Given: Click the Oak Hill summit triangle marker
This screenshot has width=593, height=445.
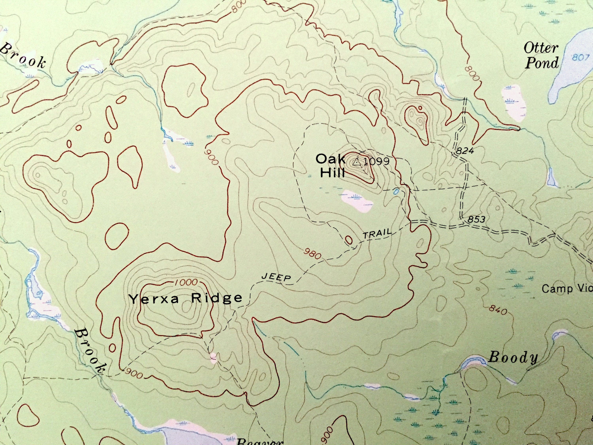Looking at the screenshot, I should coord(356,162).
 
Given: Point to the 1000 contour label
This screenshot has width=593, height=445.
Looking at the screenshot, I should coord(187,282).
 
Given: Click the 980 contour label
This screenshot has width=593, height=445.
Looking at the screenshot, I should coord(312,254).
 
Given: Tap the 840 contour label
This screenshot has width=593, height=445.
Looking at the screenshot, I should coord(498,311).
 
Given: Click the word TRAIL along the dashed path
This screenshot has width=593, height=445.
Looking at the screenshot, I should coord(377,234).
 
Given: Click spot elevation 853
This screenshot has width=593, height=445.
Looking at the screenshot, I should coord(476,219).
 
